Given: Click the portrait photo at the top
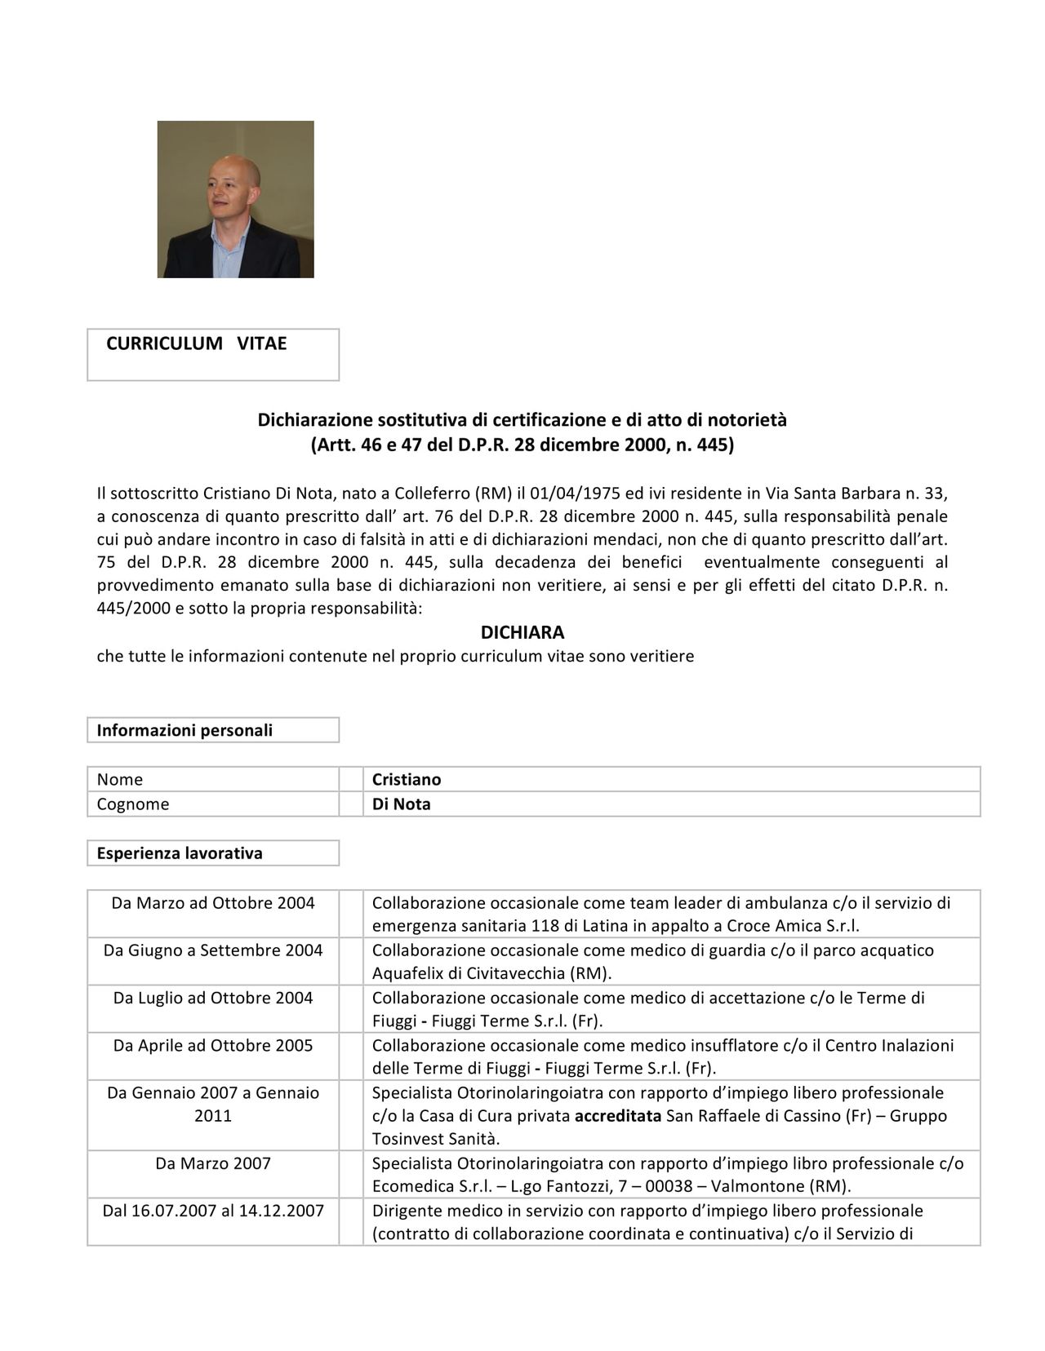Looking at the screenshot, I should (235, 199).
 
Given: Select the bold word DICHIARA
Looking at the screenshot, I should (522, 632).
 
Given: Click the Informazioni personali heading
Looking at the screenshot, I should (185, 730).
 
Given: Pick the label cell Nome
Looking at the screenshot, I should (119, 779).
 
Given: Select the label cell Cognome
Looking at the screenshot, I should (132, 804).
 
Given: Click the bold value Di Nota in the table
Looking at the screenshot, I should (401, 804).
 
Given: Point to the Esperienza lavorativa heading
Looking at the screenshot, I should (180, 853).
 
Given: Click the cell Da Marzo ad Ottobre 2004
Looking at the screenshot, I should (213, 903).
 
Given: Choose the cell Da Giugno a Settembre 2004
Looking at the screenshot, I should (213, 950).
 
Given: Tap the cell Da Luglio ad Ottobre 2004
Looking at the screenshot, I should (213, 998).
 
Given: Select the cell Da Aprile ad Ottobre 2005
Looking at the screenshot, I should (213, 1045).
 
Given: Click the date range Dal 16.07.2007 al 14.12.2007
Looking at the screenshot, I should (213, 1211).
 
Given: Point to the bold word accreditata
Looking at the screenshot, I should (617, 1116).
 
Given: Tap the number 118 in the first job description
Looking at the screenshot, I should (544, 926).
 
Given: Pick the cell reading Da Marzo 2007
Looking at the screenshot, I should (213, 1163).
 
